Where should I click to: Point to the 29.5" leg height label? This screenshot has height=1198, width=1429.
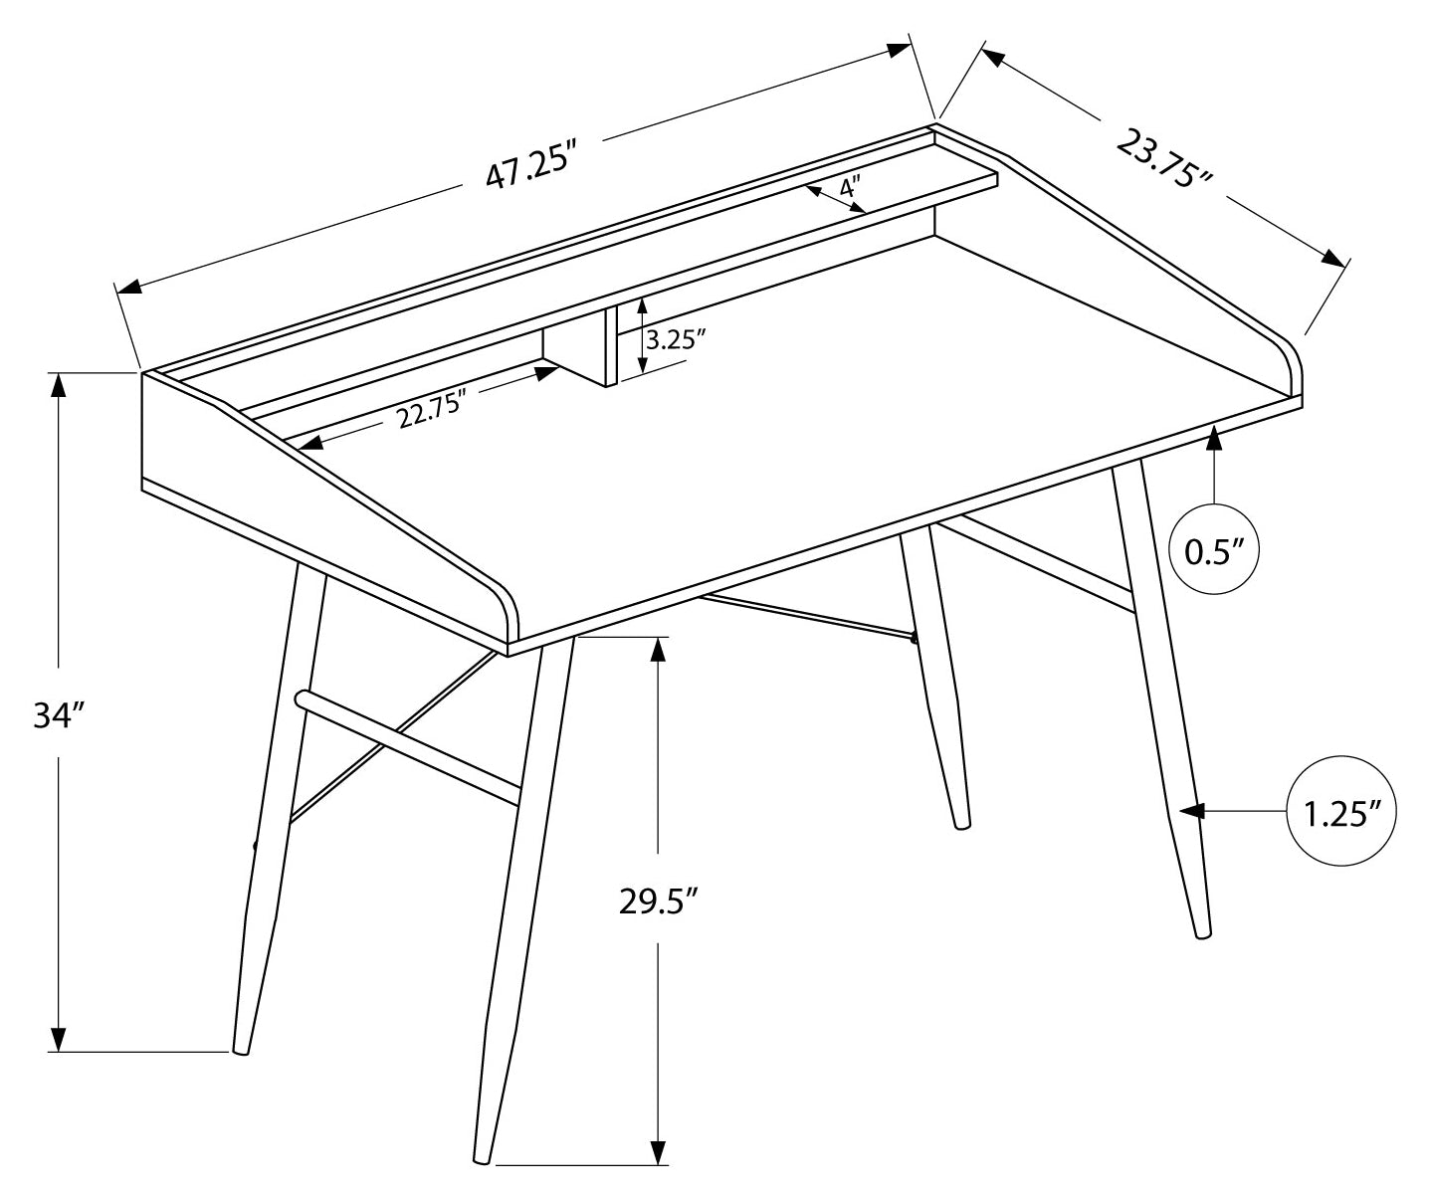(657, 901)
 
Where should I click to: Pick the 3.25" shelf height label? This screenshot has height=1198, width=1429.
(676, 338)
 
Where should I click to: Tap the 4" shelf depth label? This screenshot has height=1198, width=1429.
(849, 186)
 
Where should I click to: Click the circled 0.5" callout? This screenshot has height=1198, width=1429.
(1214, 550)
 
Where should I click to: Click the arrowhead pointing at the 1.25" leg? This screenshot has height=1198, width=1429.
(1191, 812)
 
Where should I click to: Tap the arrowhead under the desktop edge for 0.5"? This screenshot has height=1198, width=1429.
(1214, 439)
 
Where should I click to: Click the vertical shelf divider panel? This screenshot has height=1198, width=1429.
(611, 345)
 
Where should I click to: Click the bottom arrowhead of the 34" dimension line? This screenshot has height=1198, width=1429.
(60, 1040)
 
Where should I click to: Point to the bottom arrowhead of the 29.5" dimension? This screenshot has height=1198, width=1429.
(658, 1153)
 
